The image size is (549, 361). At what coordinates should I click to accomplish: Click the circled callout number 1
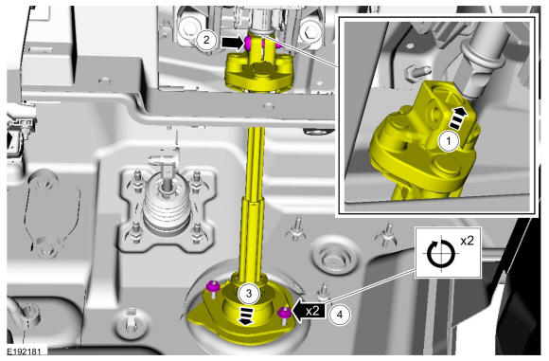coord(449,141)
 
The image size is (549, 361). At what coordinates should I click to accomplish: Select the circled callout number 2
coord(206,40)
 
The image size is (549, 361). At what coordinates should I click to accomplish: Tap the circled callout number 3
coord(249,293)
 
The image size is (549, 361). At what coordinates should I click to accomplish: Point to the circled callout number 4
coord(339,315)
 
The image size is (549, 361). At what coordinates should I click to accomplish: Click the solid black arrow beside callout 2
coord(233,43)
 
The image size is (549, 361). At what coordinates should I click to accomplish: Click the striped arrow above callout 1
coord(458,118)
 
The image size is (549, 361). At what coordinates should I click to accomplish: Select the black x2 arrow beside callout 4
coord(309,311)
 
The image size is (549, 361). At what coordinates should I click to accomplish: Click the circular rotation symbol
coord(441,253)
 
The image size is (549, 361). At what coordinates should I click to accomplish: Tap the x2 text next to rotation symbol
coord(467,241)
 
